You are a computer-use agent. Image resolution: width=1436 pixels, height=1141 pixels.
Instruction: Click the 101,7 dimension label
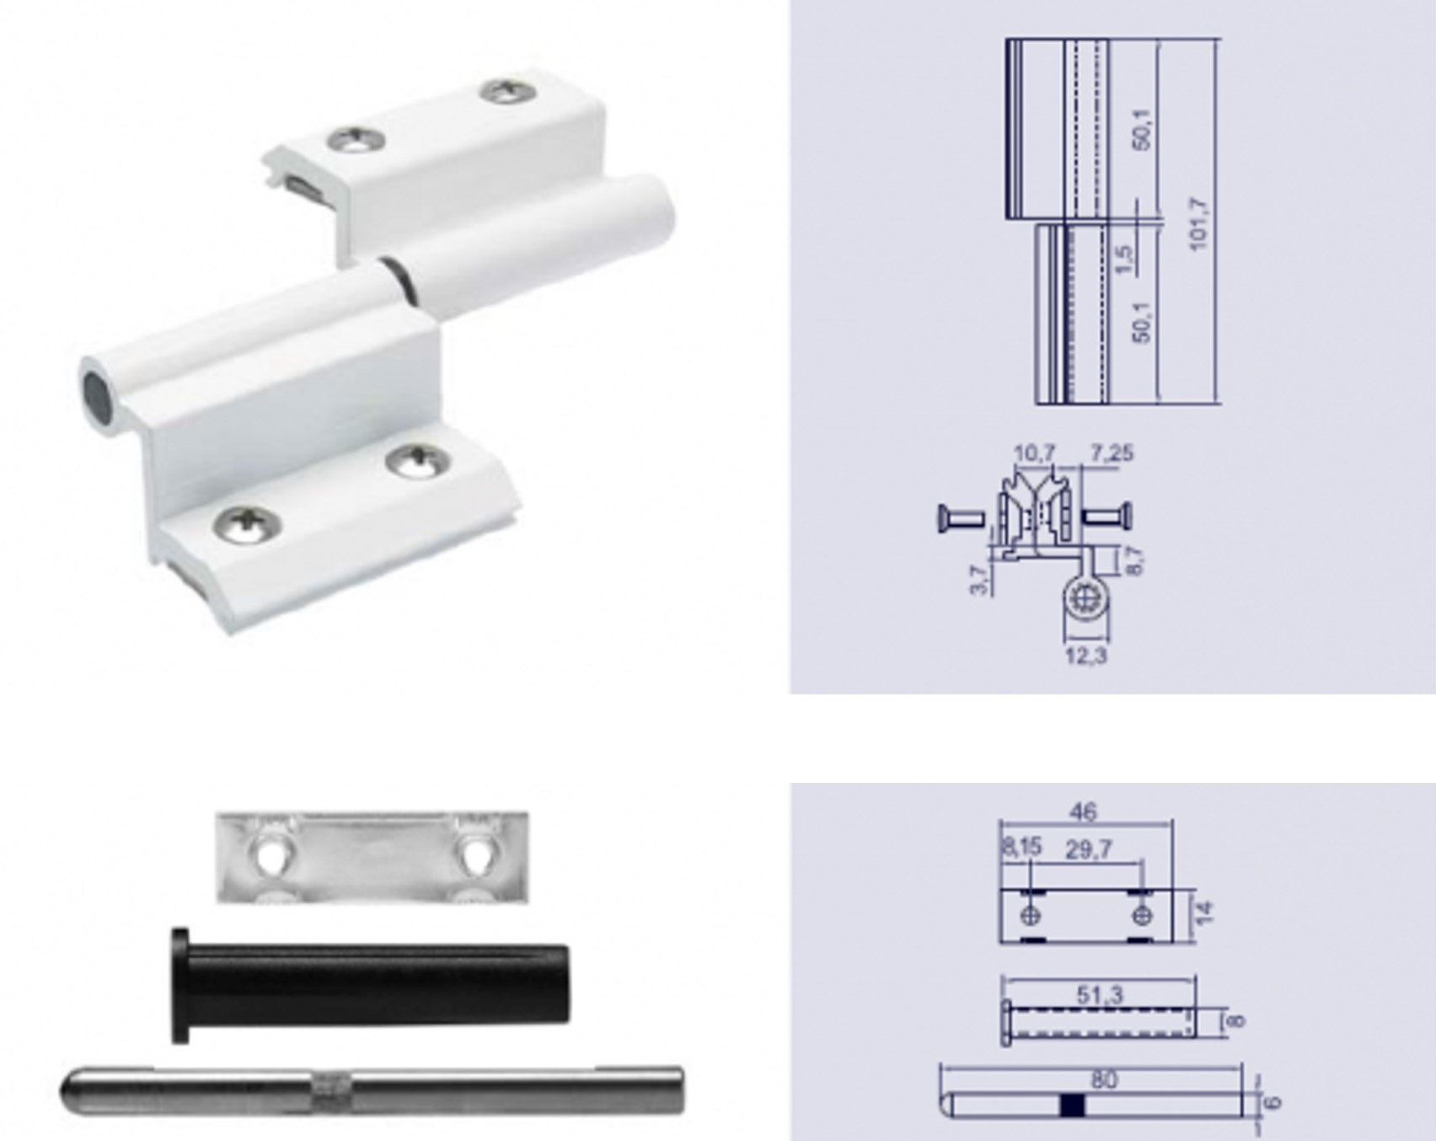click(x=1198, y=223)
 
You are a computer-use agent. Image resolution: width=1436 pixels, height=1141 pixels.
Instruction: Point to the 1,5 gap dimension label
click(x=1123, y=259)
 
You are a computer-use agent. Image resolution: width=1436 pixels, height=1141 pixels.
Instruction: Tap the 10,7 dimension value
click(x=1034, y=453)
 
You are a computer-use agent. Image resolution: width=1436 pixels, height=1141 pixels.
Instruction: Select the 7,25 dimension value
click(x=1112, y=453)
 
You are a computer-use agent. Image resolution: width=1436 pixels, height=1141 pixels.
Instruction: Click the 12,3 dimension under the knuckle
click(x=1086, y=655)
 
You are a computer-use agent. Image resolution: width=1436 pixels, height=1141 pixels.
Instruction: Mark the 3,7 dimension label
click(x=979, y=580)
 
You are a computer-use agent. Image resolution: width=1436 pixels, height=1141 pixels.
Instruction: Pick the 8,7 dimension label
click(x=1134, y=560)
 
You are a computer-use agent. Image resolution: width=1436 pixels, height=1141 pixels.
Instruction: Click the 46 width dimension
click(x=1083, y=812)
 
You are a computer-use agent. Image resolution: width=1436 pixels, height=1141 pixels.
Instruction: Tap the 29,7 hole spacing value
click(x=1089, y=849)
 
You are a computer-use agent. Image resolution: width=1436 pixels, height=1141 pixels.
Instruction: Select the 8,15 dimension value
click(x=1021, y=847)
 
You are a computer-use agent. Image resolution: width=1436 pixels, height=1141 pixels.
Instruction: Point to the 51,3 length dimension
click(x=1100, y=995)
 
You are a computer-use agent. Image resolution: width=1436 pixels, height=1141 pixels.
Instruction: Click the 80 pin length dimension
click(x=1104, y=1079)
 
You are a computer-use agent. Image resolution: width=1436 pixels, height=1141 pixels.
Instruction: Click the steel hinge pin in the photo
click(x=372, y=1090)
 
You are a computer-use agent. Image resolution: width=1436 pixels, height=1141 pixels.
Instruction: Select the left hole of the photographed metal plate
click(x=269, y=856)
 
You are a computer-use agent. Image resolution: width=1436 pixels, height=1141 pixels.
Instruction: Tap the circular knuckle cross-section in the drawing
click(x=1082, y=599)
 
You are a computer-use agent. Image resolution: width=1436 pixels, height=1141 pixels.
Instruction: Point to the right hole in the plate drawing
click(x=1142, y=915)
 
